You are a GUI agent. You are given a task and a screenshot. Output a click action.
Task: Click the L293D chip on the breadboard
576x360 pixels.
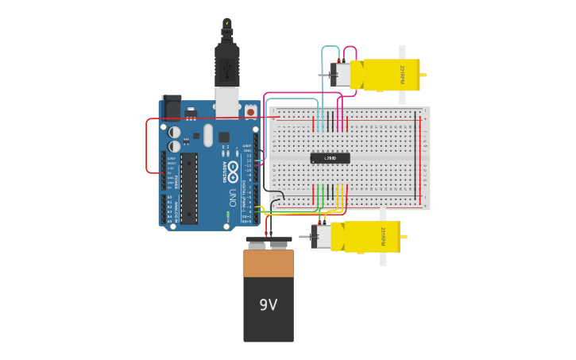click(330, 158)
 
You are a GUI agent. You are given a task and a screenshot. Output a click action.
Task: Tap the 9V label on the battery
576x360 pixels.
click(269, 305)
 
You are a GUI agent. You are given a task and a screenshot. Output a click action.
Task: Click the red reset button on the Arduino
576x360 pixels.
click(250, 112)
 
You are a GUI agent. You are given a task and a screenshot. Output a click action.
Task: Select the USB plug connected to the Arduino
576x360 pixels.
click(227, 67)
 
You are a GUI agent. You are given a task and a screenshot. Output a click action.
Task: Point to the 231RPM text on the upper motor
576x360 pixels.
click(402, 75)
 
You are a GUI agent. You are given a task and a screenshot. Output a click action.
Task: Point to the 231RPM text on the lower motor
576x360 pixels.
click(382, 237)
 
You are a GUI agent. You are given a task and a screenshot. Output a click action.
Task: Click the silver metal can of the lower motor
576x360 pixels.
click(322, 237)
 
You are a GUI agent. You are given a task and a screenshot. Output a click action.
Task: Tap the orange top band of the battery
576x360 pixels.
click(269, 263)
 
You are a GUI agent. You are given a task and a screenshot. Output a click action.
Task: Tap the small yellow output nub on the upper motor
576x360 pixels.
click(423, 75)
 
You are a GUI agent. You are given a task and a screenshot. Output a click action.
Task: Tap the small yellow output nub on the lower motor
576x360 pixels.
click(404, 237)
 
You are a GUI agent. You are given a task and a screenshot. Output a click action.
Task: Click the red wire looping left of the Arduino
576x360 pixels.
click(147, 147)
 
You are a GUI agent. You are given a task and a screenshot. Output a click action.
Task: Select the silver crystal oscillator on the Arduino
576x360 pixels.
click(208, 135)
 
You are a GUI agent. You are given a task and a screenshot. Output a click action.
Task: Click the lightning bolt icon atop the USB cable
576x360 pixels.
click(227, 23)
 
